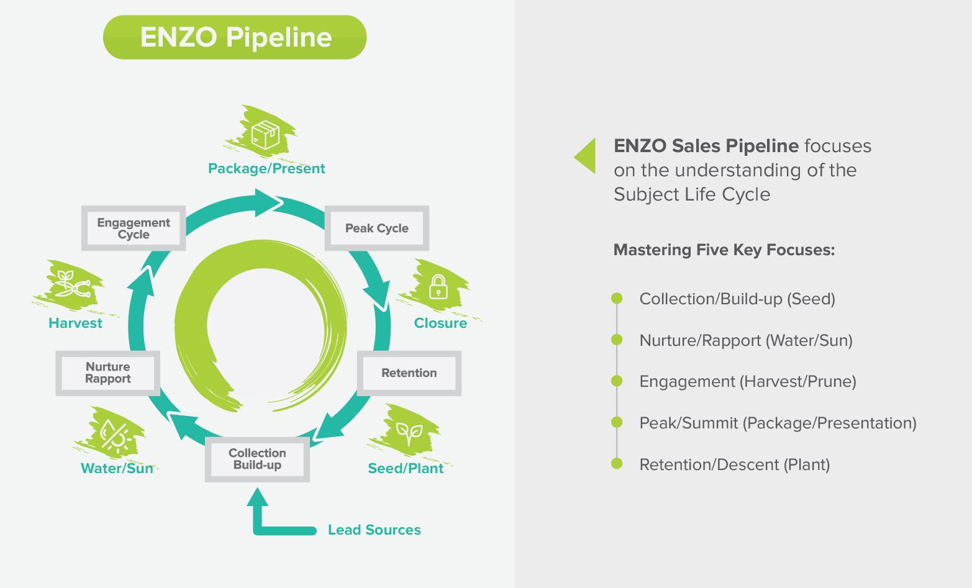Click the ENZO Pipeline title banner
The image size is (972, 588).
coord(235,37)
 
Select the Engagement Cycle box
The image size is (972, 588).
coord(134,228)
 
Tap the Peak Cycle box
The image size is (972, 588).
coord(377,228)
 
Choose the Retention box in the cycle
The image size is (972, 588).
coord(409,373)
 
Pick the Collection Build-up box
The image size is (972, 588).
coord(257,459)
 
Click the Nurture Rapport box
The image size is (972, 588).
coord(108,373)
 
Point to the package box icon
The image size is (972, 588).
coord(265,134)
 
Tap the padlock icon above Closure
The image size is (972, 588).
coord(438,287)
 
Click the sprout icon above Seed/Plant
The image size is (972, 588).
coord(409,432)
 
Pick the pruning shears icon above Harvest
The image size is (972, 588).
coord(72,284)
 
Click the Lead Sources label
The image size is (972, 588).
coord(374,530)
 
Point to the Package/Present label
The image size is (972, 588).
coord(266,169)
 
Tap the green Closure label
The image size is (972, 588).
coord(440,323)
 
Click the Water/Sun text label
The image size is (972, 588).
coord(117,469)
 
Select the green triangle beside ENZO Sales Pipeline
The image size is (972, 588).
coord(586,155)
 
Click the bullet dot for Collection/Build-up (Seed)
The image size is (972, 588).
coord(617,299)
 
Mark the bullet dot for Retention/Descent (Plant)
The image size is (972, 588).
coord(617,464)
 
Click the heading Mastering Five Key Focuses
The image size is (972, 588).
coord(724,250)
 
